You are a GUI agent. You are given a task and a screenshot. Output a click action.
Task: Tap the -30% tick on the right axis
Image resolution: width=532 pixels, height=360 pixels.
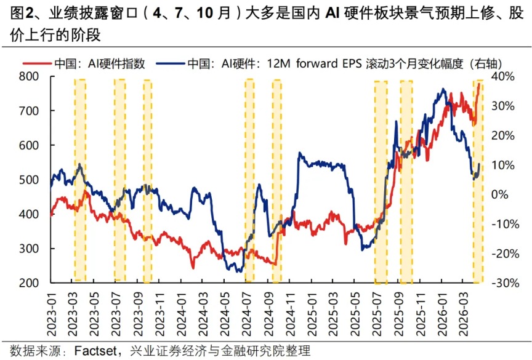point(502,283)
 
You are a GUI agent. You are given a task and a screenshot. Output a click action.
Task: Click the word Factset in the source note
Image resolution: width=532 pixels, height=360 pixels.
point(99,351)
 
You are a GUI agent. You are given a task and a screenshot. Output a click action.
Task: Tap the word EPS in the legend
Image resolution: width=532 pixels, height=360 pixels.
point(348,63)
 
